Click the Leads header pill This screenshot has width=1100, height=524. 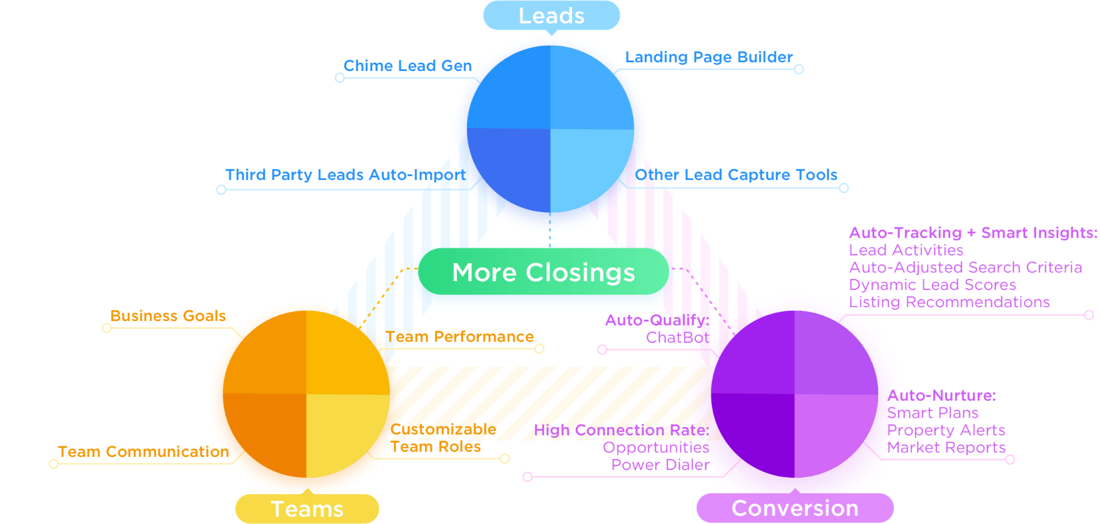[551, 15]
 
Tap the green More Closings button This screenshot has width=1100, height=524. [543, 272]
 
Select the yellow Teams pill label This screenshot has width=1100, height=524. [307, 509]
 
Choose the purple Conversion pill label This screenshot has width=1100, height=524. [794, 508]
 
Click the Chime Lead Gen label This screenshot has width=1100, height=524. [407, 66]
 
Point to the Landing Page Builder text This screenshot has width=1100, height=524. [709, 57]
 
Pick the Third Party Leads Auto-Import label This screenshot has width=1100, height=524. [345, 175]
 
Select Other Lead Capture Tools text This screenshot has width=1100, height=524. [736, 175]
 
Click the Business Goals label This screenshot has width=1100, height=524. [168, 316]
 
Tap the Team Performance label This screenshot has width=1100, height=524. [459, 337]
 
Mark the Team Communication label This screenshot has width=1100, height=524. [143, 452]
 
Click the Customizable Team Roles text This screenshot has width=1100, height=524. [443, 438]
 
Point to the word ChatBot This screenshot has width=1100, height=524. [677, 337]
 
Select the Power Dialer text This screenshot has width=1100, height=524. [660, 465]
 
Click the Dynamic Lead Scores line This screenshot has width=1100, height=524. [932, 285]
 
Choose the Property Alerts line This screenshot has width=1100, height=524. [946, 430]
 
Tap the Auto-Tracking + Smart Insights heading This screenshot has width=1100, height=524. [973, 233]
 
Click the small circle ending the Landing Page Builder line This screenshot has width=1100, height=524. [799, 69]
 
